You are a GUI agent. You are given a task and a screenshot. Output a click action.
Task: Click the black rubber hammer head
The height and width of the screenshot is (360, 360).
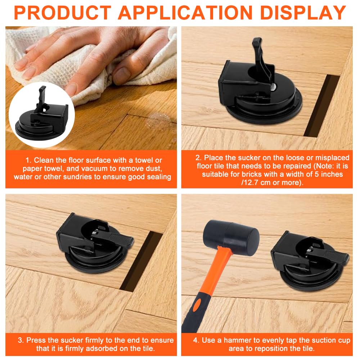(231, 236)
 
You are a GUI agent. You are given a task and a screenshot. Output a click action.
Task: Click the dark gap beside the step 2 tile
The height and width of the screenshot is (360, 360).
(321, 105)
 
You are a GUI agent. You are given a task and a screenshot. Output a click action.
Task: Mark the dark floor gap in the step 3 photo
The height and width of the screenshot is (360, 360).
(141, 262)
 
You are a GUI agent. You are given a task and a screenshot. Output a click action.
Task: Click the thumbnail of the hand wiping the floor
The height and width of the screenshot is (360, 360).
(91, 88)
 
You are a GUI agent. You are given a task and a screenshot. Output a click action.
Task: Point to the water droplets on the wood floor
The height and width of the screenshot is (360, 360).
(158, 121)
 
